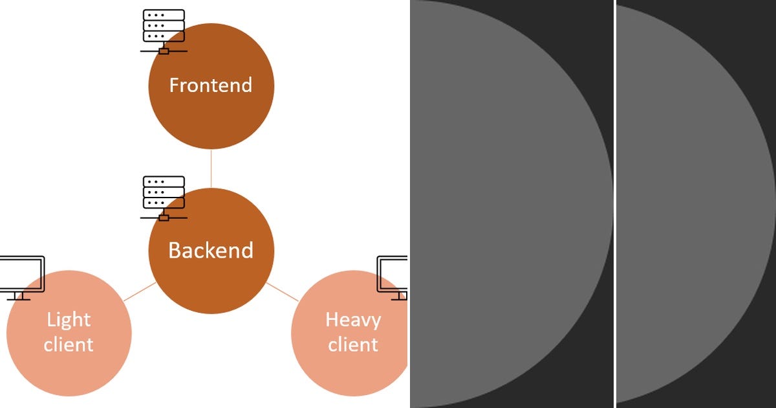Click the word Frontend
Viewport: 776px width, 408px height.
click(211, 85)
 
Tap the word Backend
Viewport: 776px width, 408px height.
click(211, 250)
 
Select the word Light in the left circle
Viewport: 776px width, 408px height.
click(69, 319)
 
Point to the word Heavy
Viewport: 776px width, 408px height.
click(353, 319)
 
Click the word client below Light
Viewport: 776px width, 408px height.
click(69, 344)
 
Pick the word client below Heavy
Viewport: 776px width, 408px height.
click(353, 344)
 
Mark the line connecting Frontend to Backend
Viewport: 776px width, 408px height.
click(211, 168)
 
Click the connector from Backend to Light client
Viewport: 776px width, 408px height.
click(140, 291)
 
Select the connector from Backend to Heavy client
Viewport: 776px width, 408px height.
click(282, 291)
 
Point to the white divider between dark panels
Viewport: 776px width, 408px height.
click(614, 204)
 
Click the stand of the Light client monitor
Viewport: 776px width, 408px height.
click(19, 296)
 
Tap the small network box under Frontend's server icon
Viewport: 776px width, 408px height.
click(164, 51)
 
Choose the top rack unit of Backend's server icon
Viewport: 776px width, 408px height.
click(164, 181)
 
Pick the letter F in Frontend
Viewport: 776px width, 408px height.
click(174, 85)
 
